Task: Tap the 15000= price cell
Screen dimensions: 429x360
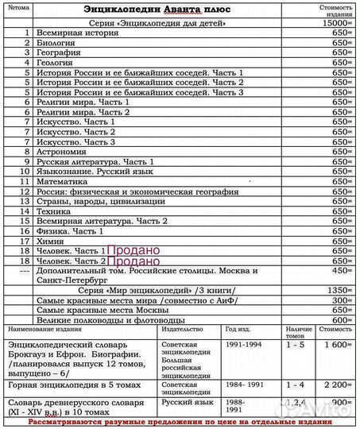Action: [337, 23]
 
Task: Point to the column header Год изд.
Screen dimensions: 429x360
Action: [238, 328]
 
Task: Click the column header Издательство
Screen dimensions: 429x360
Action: [185, 328]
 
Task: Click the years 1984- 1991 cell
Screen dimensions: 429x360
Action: [243, 385]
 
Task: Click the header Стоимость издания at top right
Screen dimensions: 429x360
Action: [336, 10]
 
